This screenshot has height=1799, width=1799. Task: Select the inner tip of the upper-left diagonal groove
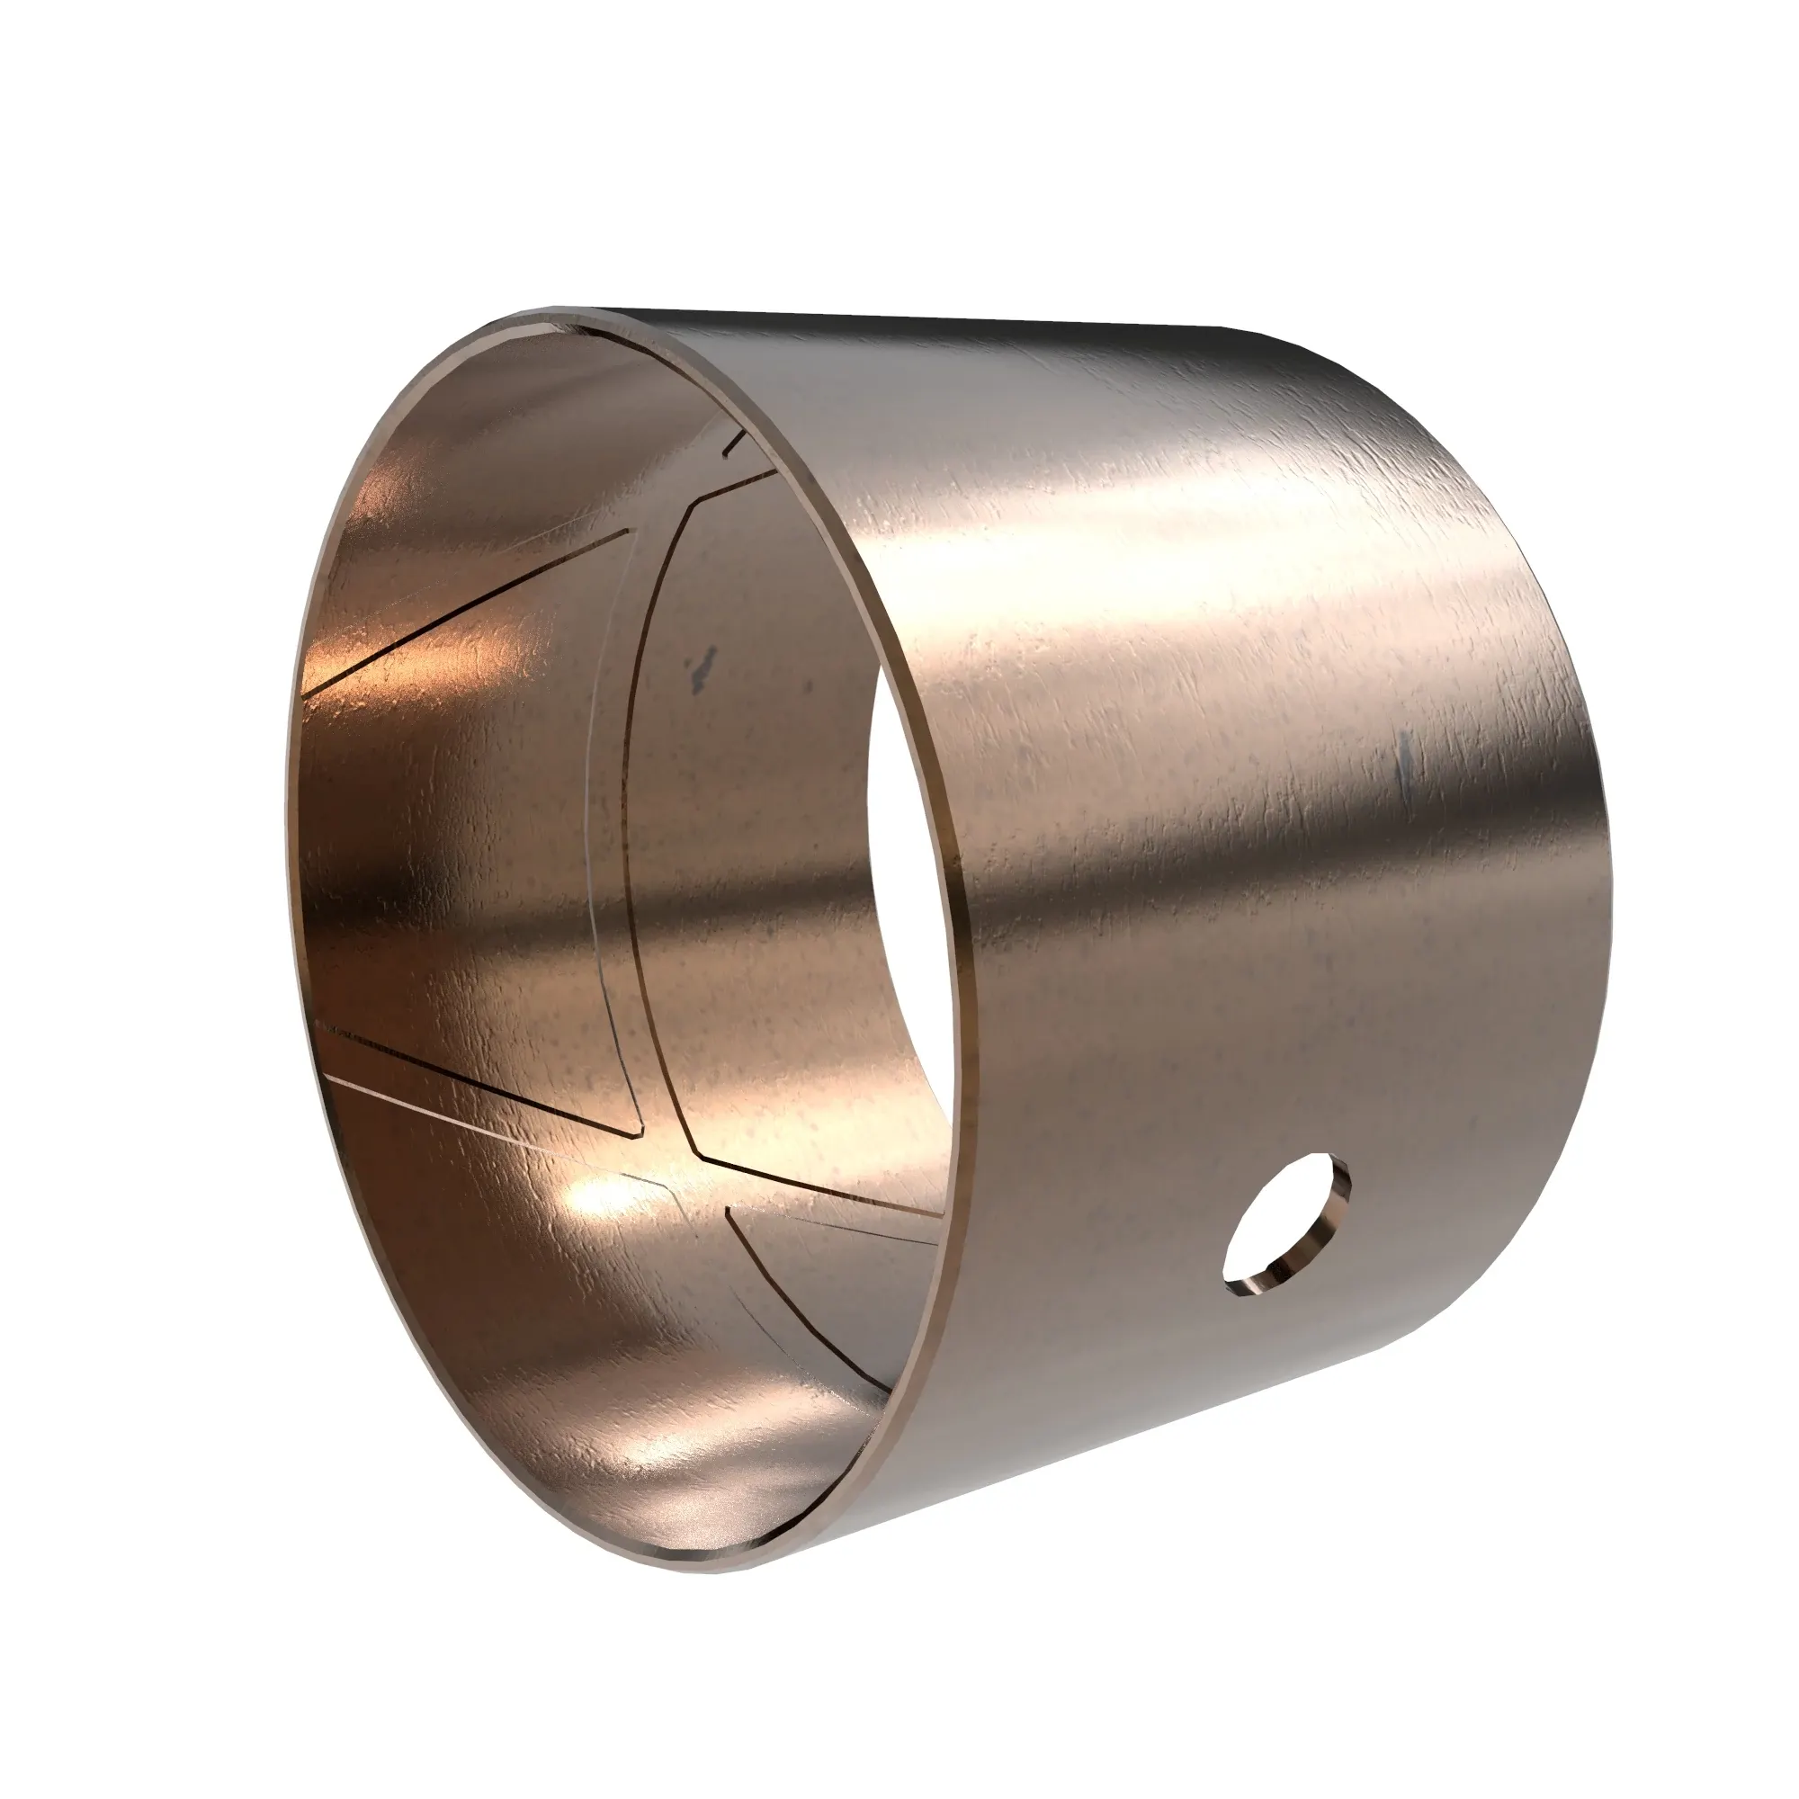631,533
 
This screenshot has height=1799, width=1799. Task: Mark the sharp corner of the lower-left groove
640,1135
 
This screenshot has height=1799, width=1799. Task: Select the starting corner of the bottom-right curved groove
726,1211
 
